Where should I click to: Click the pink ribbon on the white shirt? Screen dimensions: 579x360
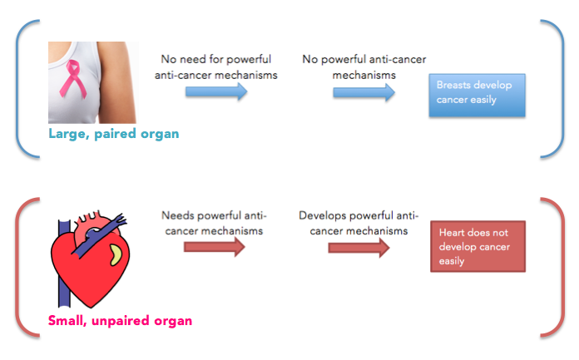73,79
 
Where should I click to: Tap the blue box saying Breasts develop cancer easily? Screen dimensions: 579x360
477,96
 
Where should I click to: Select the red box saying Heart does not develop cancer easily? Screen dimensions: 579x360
478,246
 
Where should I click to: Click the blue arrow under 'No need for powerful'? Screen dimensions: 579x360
216,91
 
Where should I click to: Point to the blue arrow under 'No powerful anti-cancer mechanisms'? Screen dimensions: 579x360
364,92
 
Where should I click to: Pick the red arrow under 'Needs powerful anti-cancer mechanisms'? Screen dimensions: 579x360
214,247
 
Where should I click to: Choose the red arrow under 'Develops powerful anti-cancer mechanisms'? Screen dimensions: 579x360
359,248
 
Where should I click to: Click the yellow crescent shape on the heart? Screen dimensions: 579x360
116,254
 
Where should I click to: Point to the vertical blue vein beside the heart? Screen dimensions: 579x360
64,263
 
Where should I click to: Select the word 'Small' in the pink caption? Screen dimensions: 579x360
67,320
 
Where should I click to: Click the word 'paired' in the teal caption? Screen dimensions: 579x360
115,135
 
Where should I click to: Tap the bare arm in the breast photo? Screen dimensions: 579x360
117,82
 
